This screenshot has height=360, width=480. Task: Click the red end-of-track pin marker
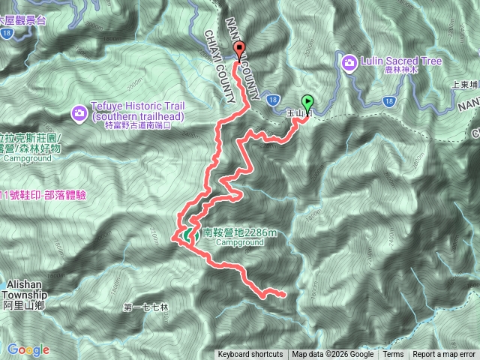[x=240, y=51]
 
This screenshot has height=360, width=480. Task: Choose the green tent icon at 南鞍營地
[x=186, y=235]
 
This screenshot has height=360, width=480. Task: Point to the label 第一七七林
[x=146, y=307]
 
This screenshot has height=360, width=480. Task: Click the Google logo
[x=28, y=350]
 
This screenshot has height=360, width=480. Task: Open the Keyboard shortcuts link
[x=250, y=355]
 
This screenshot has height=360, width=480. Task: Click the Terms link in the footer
[x=393, y=355]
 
